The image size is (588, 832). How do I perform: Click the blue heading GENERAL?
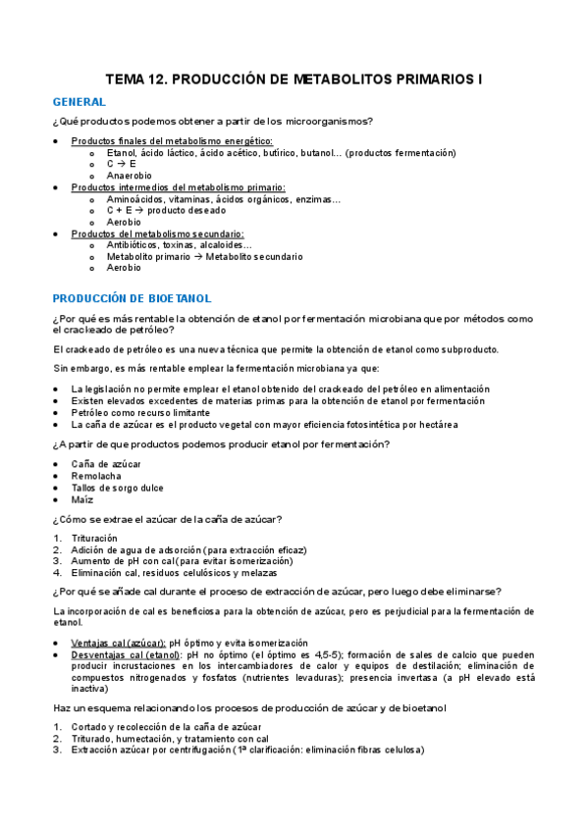[x=79, y=102]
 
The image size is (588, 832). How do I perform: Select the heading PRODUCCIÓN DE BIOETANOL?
[x=132, y=297]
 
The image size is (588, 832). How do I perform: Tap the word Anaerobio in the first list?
[x=129, y=176]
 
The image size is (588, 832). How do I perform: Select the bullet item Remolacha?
[x=97, y=476]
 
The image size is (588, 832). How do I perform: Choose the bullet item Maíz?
[x=82, y=499]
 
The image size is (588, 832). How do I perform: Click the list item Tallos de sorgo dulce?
[x=117, y=488]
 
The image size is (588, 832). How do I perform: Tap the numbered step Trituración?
[x=94, y=538]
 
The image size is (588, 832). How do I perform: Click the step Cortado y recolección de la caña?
[x=162, y=726]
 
